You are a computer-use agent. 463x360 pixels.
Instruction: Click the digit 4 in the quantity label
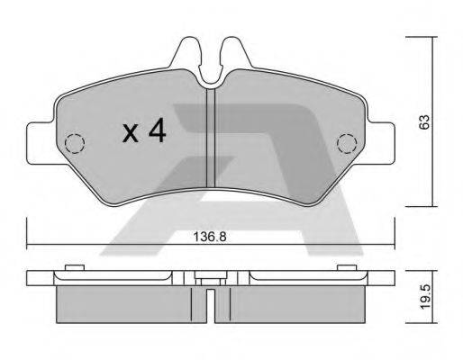pyautogui.click(x=158, y=132)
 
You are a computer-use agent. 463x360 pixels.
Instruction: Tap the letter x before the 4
pyautogui.click(x=131, y=134)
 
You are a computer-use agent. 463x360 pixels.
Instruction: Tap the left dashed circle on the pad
pyautogui.click(x=75, y=142)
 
